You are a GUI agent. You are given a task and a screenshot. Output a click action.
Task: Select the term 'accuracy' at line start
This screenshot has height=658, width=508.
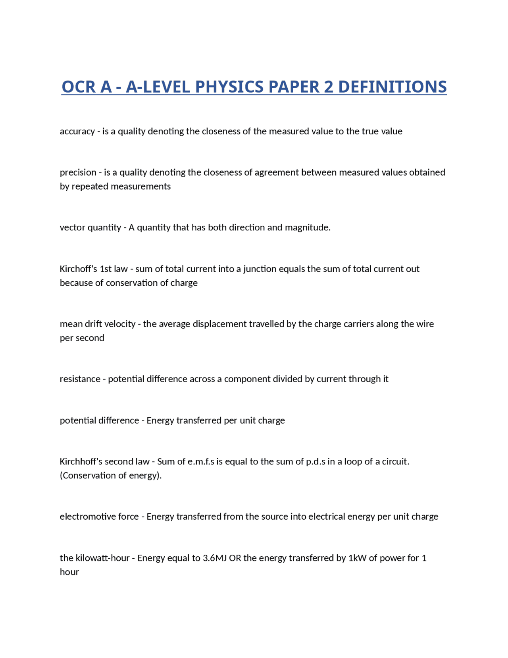[x=77, y=132]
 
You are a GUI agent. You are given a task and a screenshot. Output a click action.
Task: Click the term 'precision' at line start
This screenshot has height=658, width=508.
[x=78, y=172]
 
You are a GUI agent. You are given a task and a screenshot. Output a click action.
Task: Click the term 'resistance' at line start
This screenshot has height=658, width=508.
[x=80, y=379]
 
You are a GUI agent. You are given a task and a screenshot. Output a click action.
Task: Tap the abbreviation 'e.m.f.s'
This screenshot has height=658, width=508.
[x=201, y=462]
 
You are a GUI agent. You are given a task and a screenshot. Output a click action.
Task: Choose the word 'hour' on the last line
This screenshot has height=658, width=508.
[x=69, y=572]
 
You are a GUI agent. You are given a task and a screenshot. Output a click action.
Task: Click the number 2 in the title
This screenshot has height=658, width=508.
[x=329, y=87]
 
